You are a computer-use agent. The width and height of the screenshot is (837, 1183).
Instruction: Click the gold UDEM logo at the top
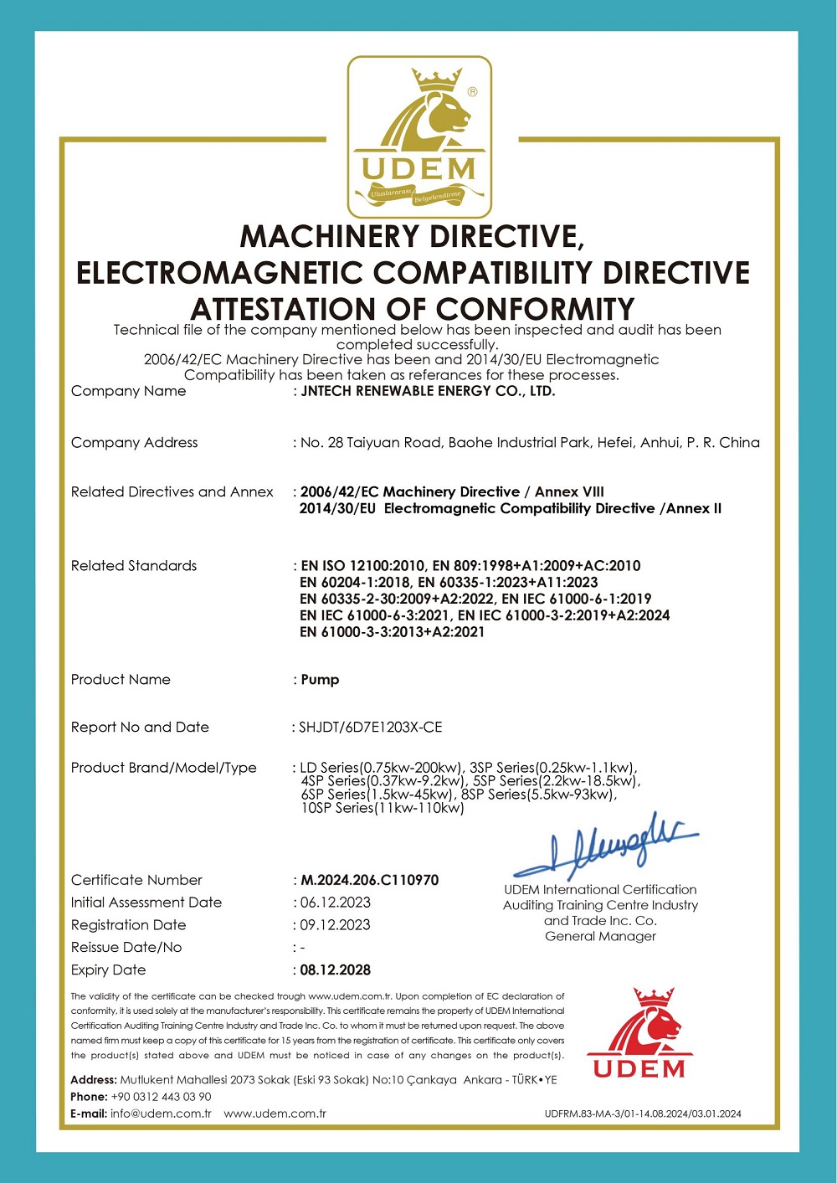coord(419,136)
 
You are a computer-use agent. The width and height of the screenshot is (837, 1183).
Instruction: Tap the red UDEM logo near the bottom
coord(639,1033)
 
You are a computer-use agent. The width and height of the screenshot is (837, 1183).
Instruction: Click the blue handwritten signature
coord(606,846)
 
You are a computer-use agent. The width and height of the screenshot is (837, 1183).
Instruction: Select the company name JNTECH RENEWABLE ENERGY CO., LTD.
coord(428,391)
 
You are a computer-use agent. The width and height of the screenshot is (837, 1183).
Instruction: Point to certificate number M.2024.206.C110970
coord(369,880)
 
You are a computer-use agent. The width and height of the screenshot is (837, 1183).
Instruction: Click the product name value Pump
coord(320,680)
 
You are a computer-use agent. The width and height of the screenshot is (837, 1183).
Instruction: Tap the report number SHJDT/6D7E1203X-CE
coord(370,728)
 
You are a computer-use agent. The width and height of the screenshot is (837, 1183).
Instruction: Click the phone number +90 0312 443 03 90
coord(161,1097)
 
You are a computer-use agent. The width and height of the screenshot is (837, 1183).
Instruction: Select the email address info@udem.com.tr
coord(161,1114)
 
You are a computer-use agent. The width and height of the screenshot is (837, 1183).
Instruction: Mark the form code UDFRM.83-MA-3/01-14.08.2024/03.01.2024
coord(642,1114)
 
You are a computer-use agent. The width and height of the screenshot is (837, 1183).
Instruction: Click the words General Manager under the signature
coord(600,936)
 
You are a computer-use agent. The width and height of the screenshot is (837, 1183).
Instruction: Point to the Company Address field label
coord(135,443)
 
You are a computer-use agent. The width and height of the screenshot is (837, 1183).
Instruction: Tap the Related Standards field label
coord(134,566)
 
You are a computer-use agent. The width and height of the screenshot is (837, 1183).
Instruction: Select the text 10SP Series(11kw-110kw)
coord(383,808)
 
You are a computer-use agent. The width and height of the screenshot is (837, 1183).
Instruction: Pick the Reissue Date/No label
coord(126,948)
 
